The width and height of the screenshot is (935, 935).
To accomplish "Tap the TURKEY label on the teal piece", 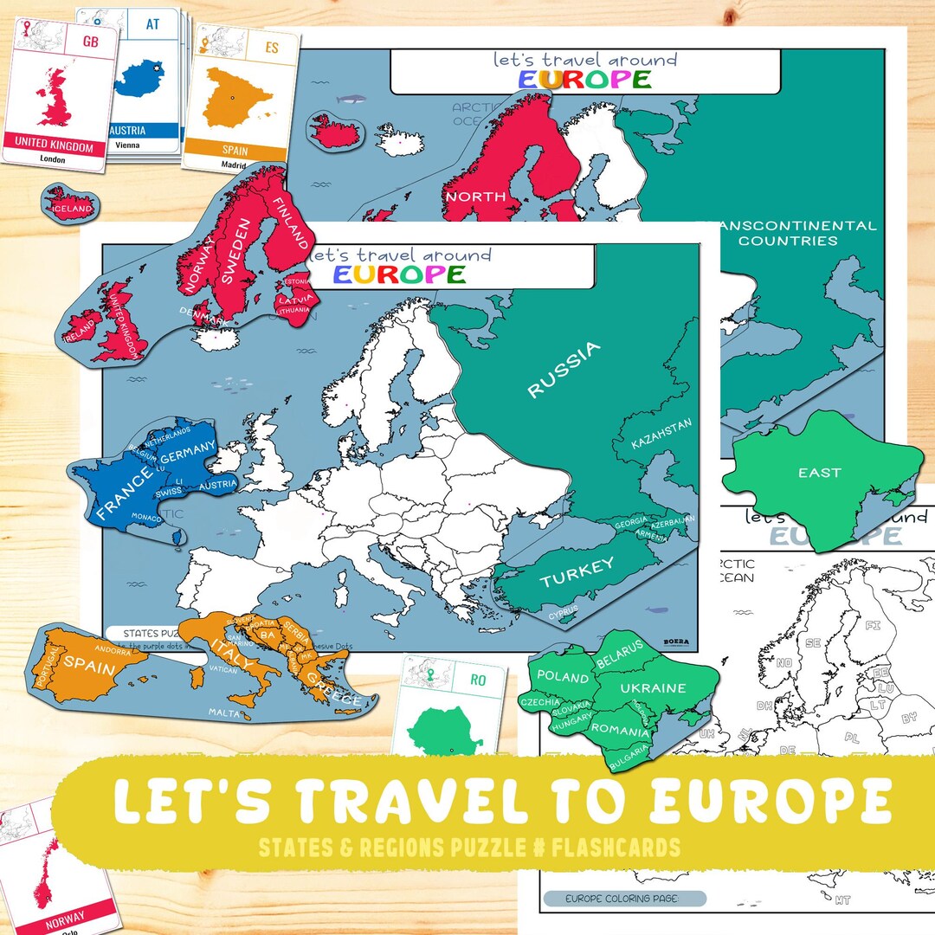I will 577,572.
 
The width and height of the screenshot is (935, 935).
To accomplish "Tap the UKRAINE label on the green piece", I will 653,688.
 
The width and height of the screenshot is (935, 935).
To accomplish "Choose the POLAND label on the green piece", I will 563,676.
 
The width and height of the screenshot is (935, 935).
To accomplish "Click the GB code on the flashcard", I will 90,40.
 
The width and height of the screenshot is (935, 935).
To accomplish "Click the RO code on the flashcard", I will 477,680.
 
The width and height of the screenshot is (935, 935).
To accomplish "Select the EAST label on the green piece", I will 819,473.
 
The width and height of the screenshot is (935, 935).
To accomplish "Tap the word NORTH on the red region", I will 475,197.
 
